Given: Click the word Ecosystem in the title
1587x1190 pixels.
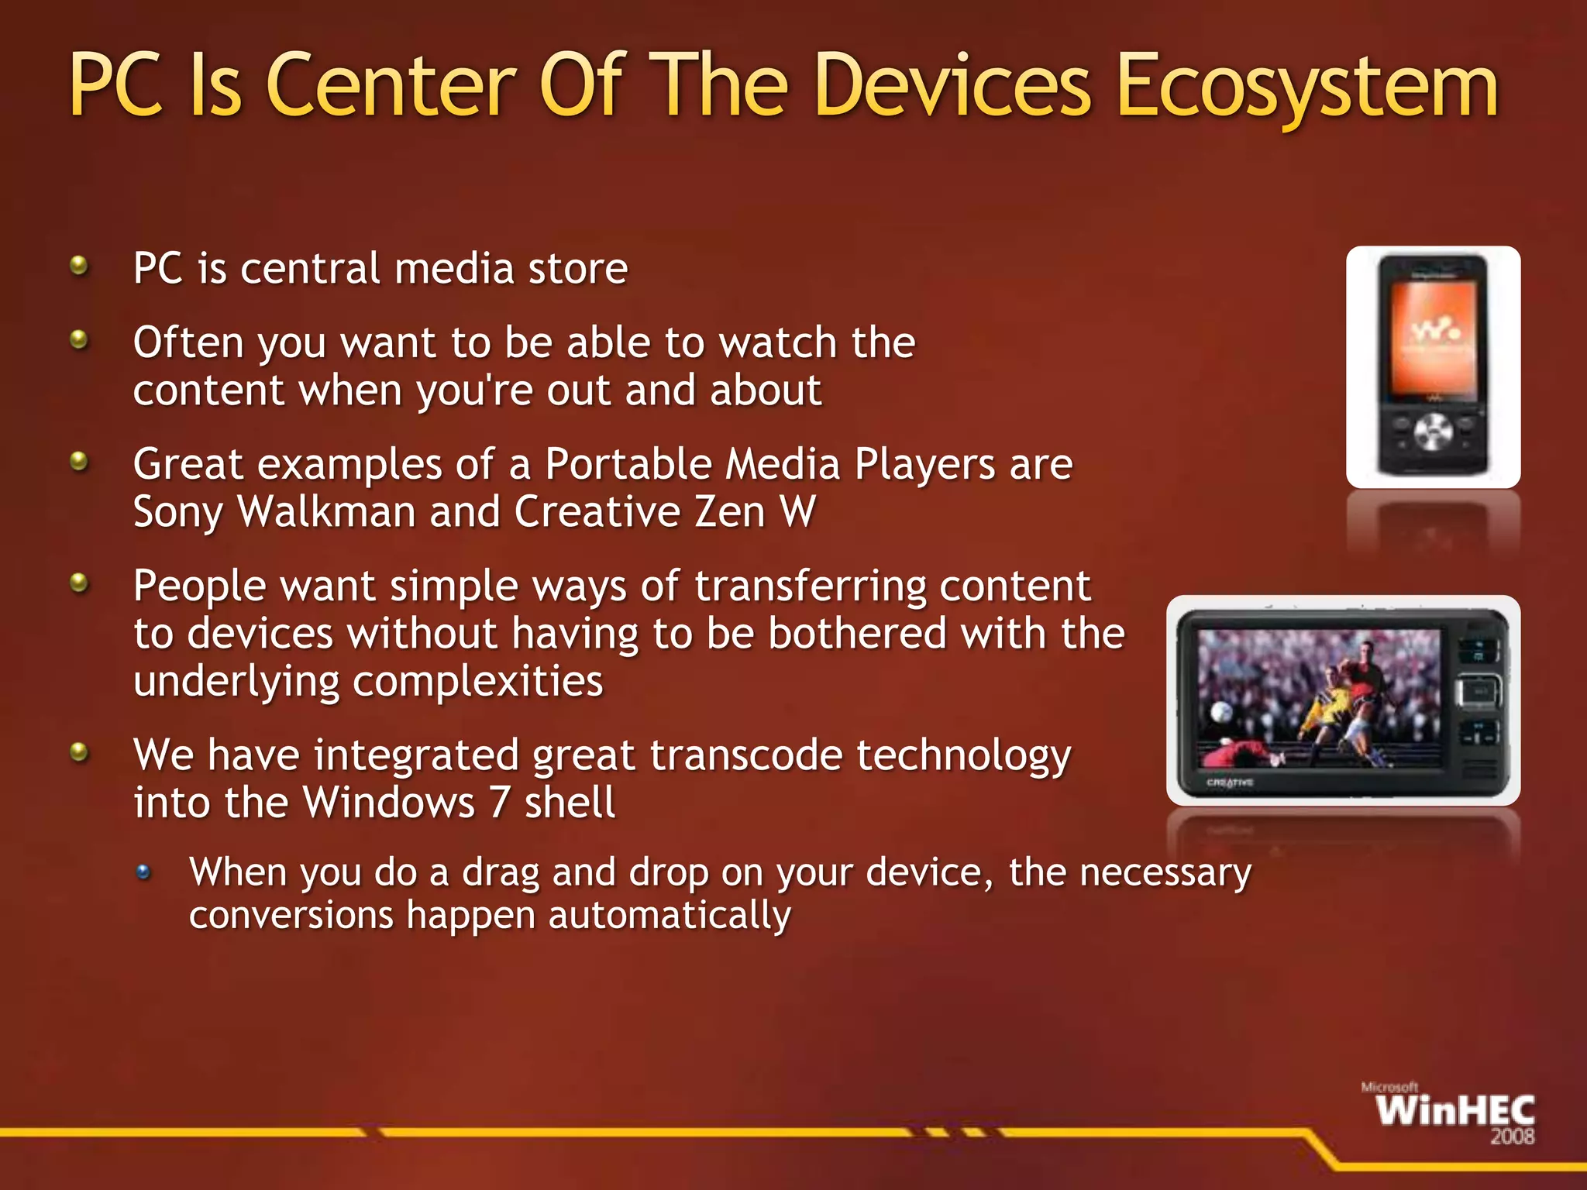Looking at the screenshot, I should coord(1308,87).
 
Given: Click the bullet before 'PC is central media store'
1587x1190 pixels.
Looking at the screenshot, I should coord(78,267).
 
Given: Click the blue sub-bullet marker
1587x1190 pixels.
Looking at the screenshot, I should coord(143,873).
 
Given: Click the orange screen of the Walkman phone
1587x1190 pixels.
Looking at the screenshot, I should coord(1434,337).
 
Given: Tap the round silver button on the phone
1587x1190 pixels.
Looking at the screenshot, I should coord(1434,432).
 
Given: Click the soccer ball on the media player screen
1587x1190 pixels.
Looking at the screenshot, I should coord(1221,711).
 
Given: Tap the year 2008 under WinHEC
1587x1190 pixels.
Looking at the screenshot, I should coord(1512,1137).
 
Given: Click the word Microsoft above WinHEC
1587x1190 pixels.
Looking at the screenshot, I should coord(1389,1088).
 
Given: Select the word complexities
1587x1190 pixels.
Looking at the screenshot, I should coord(477,682).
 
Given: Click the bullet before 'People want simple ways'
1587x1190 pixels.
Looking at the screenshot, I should coord(78,583).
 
